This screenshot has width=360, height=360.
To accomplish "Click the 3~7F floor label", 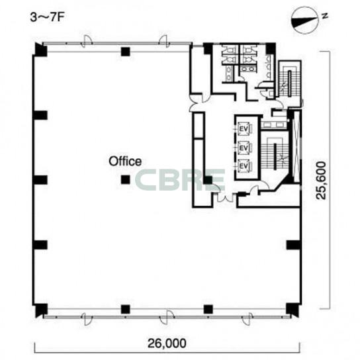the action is tap(46, 17).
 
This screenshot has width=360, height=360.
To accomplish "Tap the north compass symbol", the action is tap(304, 21).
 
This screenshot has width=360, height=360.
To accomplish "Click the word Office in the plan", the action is tap(125, 161).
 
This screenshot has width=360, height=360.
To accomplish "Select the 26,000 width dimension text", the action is tap(167, 343).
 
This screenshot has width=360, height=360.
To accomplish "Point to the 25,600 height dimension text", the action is tap(321, 180).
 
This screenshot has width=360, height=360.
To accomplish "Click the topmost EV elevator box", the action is tap(244, 129).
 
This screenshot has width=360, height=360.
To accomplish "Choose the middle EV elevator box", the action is tap(244, 148).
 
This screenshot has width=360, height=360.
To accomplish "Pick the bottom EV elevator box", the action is tap(244, 165).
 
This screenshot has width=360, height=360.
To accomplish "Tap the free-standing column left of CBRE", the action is tap(125, 180).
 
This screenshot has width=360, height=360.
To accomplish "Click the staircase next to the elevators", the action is tap(275, 153).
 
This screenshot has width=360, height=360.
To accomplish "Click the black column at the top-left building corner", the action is tap(41, 50).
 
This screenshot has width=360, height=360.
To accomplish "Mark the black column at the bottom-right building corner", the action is tap(292, 310).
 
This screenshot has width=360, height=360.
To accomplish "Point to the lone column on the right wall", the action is tap(293, 245).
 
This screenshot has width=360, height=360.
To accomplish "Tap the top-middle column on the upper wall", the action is tap(125, 52).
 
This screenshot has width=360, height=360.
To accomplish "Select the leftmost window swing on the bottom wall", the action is tap(87, 318).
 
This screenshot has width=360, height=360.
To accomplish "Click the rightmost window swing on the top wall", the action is tap(164, 42).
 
